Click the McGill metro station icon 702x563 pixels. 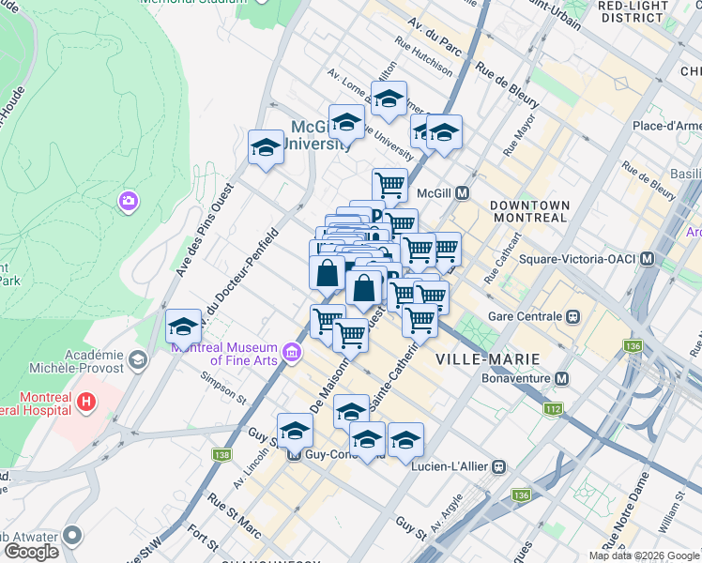tap(462, 193)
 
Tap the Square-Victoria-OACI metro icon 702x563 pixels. tap(648, 258)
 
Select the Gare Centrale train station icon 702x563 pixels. tap(572, 317)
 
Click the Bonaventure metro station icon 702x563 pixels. tap(562, 378)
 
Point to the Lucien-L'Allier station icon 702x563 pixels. tap(500, 465)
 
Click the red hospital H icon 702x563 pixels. tap(86, 403)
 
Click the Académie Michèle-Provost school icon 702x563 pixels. tap(138, 359)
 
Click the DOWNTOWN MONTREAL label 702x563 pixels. tap(529, 211)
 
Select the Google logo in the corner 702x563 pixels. tap(30, 551)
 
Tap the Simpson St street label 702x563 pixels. tap(222, 388)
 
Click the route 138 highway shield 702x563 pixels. tap(221, 455)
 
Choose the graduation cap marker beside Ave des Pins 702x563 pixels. tap(266, 147)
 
